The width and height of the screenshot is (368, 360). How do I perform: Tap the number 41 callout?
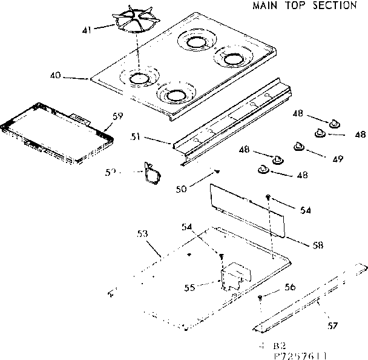pyautogui.click(x=87, y=29)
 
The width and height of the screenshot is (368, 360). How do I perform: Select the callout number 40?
pyautogui.click(x=55, y=76)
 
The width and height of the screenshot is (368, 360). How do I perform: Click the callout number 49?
pyautogui.click(x=338, y=159)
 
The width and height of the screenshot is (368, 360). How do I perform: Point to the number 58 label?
pyautogui.click(x=317, y=245)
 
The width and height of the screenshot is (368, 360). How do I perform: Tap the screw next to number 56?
pyautogui.click(x=260, y=297)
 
